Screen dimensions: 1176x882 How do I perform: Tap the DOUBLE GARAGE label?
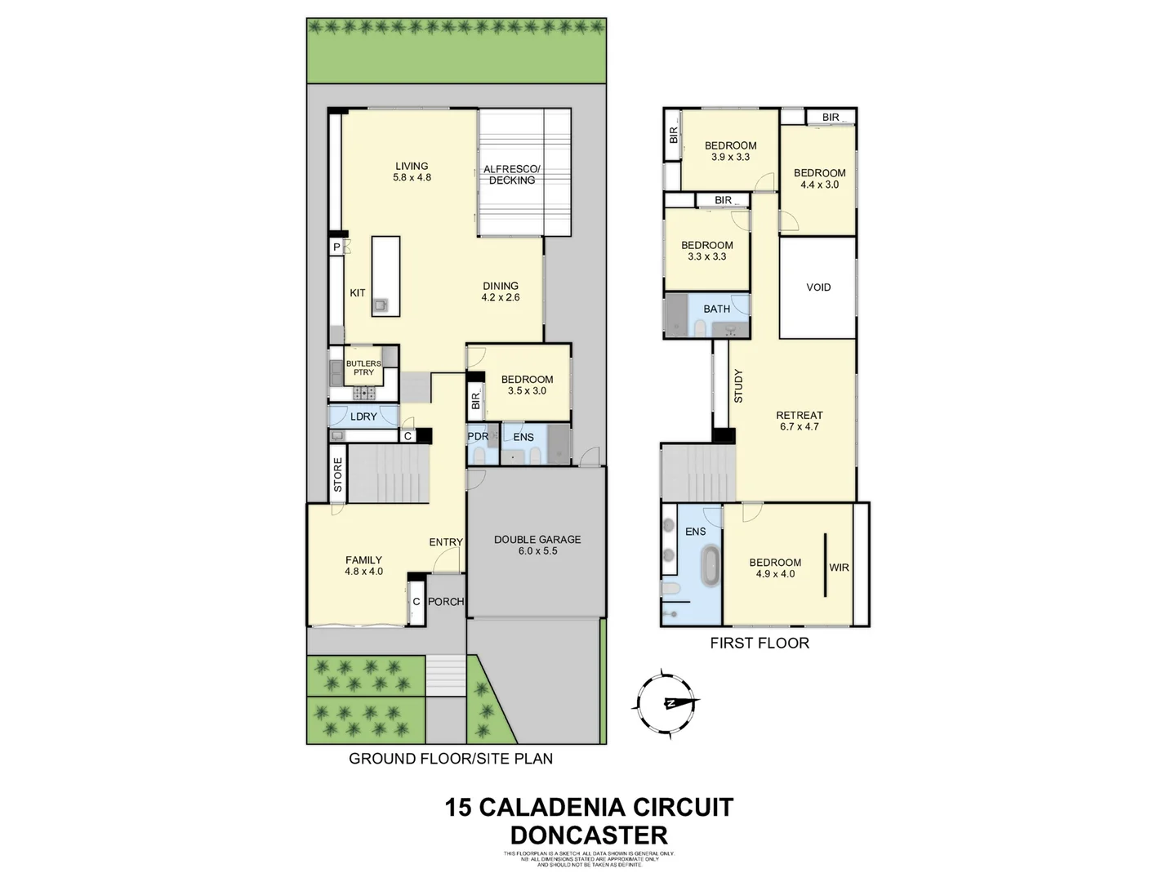(537, 539)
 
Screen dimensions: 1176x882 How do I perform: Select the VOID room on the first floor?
(817, 287)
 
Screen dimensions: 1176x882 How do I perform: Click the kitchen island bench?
(386, 276)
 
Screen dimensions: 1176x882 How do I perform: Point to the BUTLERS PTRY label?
(363, 367)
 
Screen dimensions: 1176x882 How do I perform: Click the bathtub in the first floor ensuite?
(710, 565)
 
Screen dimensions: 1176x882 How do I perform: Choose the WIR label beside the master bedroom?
(840, 567)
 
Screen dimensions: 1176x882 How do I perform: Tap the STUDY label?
(738, 386)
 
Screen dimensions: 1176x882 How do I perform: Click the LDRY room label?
(363, 416)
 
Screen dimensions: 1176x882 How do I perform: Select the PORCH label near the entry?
(446, 602)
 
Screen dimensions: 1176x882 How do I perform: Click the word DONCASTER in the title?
(589, 835)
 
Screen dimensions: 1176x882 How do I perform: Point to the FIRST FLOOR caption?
(759, 643)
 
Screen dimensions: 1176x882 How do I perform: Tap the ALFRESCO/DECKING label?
(512, 175)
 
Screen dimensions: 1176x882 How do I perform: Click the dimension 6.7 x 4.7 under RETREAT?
(800, 426)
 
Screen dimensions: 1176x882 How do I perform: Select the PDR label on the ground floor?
(478, 437)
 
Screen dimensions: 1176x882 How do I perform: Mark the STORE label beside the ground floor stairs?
(338, 475)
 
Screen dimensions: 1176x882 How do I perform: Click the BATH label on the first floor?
(717, 309)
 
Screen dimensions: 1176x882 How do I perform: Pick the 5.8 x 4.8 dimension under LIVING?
(412, 177)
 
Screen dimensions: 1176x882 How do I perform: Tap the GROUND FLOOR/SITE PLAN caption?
(451, 759)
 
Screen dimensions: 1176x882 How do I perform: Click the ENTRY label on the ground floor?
(446, 542)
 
